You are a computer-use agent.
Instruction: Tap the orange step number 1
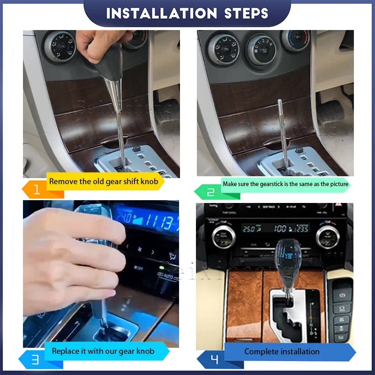tap(37, 190)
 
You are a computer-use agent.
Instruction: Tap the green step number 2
tap(210, 191)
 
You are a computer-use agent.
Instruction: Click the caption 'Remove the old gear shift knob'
tap(106, 181)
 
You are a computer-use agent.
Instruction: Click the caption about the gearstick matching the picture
tap(285, 184)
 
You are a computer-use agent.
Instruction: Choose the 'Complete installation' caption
tap(282, 352)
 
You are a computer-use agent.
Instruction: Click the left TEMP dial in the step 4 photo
tap(222, 236)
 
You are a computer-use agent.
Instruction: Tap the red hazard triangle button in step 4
tap(348, 207)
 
